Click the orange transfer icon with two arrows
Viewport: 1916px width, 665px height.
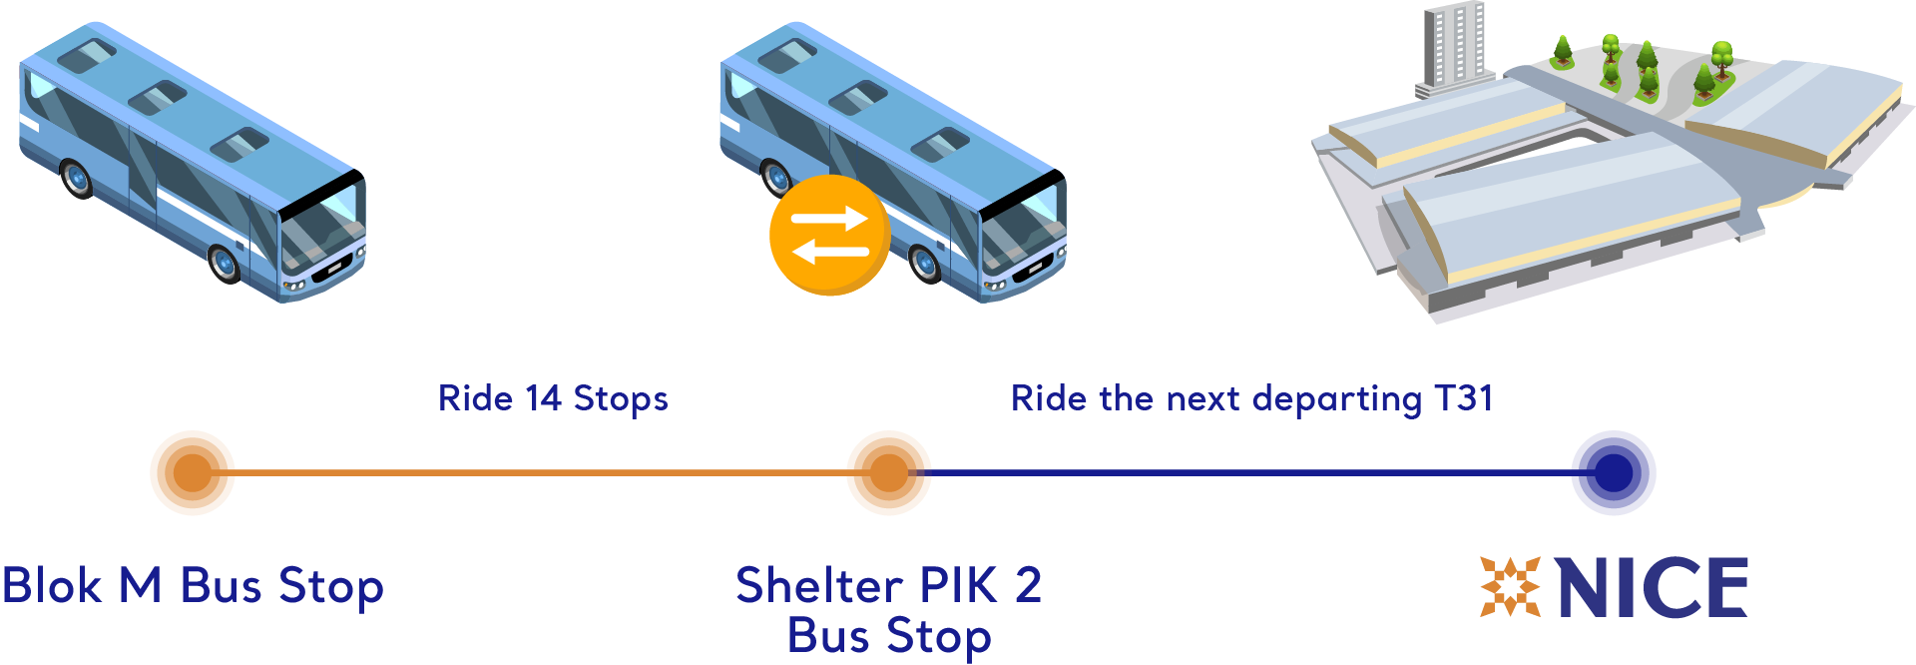829,236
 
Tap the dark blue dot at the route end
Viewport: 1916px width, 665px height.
1614,472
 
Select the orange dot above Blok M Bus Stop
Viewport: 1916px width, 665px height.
193,472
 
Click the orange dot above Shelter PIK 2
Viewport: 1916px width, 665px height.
888,472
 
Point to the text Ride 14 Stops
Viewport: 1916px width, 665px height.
553,398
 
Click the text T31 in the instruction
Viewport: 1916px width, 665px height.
1464,398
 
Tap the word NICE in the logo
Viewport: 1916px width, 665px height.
1653,588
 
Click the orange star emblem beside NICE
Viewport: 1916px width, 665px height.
1511,587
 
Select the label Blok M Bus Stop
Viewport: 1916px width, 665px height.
193,587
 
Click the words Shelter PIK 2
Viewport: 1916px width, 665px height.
888,585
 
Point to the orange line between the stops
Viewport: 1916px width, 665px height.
540,472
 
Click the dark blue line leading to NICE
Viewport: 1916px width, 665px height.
1250,472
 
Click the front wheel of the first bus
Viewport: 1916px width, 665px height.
226,263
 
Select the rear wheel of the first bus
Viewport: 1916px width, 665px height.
77,178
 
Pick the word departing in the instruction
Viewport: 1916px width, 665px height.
1337,399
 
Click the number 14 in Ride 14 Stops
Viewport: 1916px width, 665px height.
544,398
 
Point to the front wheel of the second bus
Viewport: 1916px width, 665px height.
926,263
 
